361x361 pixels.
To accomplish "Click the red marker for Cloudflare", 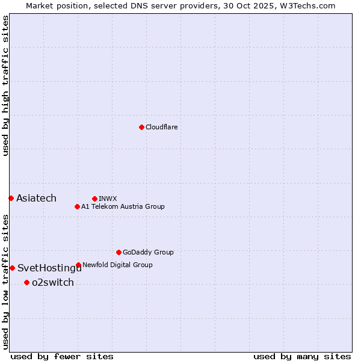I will pos(141,127).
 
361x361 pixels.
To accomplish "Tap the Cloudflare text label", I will pos(161,127).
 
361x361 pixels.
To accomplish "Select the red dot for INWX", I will pos(94,199).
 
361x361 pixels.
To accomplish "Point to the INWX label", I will pos(108,199).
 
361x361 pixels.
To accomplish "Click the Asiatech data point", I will pos(11,198).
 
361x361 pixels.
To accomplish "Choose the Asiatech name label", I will pos(36,198).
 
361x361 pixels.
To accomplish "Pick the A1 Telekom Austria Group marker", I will pos(77,206).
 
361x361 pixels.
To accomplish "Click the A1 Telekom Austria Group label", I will pos(123,206).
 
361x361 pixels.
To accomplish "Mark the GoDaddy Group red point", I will pos(119,252).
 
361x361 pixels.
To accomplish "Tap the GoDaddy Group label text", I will pos(148,252).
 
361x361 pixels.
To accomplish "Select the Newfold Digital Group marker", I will pos(78,265).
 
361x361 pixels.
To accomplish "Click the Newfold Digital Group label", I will pos(117,265).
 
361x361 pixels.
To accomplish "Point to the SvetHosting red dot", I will pos(12,268).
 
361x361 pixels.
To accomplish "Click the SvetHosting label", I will pos(48,268).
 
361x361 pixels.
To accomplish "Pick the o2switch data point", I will pos(26,282).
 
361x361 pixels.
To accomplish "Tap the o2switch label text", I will pos(53,283).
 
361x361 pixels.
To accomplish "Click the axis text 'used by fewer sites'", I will pos(62,356).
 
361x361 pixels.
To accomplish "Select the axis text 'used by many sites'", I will pos(302,356).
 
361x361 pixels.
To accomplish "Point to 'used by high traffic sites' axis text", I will pos(5,85).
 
